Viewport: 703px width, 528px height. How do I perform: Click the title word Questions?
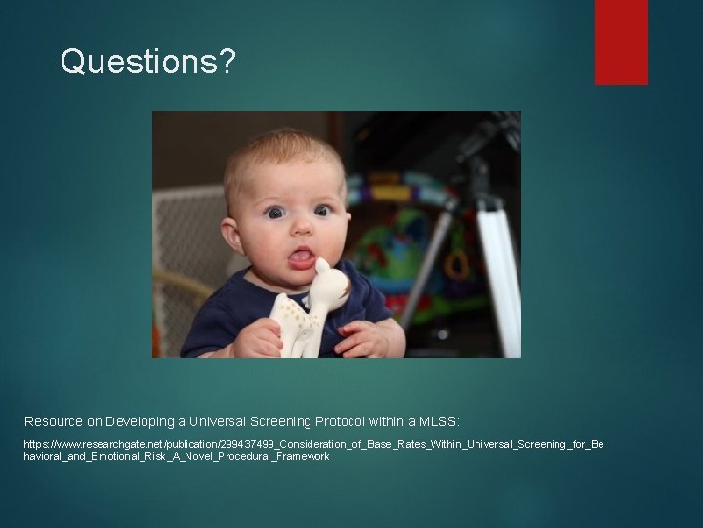pyautogui.click(x=147, y=61)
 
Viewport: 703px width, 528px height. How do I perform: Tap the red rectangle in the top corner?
pyautogui.click(x=621, y=41)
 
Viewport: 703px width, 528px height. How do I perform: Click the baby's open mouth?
pyautogui.click(x=302, y=258)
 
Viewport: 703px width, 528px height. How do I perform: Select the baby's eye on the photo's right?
pyautogui.click(x=321, y=209)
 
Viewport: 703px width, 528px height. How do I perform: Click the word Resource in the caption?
pyautogui.click(x=54, y=421)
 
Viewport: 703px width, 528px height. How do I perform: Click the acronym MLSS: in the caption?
pyautogui.click(x=439, y=421)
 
